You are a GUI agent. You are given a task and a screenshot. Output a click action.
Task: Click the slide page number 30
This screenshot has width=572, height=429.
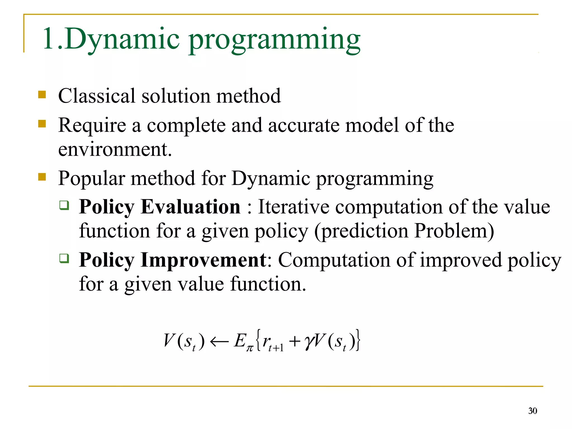coord(532,411)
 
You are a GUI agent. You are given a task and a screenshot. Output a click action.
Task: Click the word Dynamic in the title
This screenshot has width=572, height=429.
coord(121,39)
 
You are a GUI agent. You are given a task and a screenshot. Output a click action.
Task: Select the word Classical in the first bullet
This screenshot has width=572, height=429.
coord(96,96)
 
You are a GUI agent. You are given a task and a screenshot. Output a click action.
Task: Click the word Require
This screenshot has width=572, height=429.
coord(92,125)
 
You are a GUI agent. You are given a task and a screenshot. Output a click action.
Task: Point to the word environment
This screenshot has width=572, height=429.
coord(115,150)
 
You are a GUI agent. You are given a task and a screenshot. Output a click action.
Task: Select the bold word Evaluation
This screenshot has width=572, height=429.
coord(190,207)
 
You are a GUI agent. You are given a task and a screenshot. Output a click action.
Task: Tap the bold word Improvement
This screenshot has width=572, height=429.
coord(204,260)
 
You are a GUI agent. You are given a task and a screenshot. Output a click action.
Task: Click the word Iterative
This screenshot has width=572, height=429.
coord(293,207)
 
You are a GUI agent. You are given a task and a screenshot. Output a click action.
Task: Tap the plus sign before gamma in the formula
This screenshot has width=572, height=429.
coord(295,342)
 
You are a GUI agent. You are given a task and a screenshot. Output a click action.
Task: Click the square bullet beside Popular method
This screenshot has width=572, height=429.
coord(42,177)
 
